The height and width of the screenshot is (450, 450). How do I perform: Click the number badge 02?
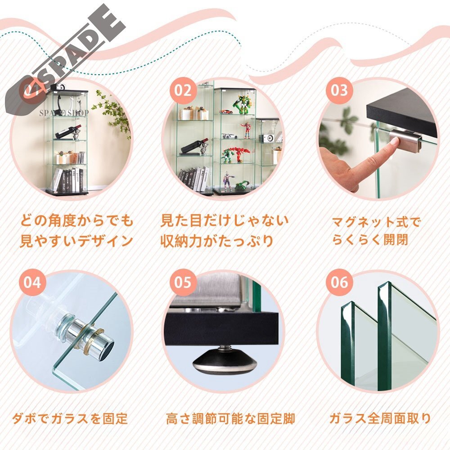point(183,90)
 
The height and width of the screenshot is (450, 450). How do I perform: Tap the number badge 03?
point(340,90)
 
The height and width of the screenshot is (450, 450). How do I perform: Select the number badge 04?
point(32,283)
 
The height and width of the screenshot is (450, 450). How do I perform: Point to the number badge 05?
point(183,283)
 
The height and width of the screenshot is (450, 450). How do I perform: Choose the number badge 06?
point(340,283)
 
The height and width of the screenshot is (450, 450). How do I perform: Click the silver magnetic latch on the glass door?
point(404,138)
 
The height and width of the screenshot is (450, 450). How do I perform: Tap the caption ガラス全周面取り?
point(380,418)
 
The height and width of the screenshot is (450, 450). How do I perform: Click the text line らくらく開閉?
point(370,240)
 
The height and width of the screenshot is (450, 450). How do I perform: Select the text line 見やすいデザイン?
point(76,241)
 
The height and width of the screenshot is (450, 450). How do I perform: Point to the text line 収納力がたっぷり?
point(217,241)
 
